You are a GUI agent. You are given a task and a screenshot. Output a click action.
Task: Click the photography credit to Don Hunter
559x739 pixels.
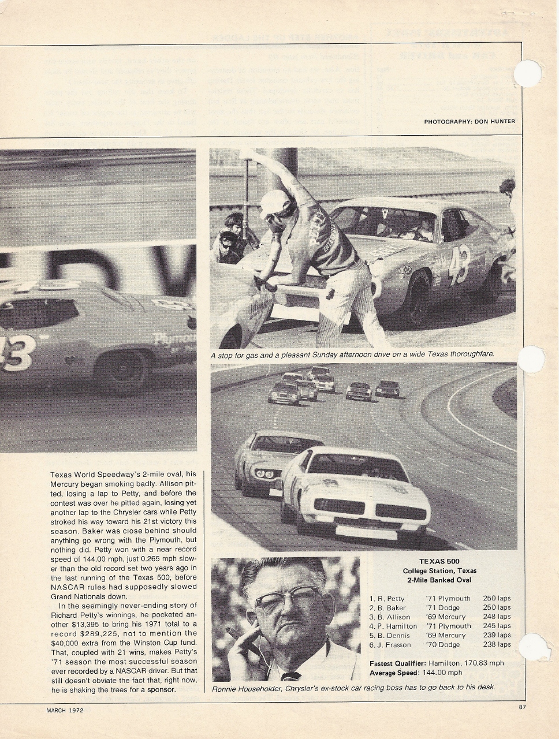[x=469, y=121]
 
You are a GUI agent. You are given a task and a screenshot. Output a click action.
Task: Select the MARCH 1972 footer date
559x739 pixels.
[x=65, y=710]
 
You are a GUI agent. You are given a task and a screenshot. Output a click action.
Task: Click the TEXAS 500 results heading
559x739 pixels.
[x=439, y=561]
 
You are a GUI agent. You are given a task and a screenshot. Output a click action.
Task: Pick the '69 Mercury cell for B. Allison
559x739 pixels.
[x=445, y=617]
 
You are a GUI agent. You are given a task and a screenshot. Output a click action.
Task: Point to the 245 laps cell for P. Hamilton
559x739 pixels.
[x=497, y=626]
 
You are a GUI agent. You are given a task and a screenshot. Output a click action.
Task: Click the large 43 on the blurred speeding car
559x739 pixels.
[x=14, y=352]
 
